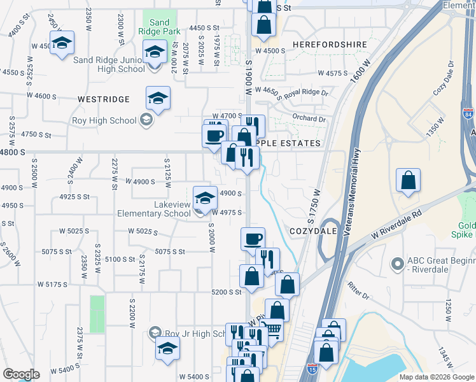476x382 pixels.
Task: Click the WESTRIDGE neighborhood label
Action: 104,99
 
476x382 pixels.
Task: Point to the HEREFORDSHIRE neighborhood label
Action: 330,45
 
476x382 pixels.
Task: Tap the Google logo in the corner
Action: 20,374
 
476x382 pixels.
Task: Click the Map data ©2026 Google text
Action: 436,377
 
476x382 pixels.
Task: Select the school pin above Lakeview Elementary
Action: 205,199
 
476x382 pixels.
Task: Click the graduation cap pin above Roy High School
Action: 158,99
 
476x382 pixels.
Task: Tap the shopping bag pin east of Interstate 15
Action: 408,181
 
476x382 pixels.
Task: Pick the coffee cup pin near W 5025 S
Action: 253,239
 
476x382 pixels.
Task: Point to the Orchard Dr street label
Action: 309,118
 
